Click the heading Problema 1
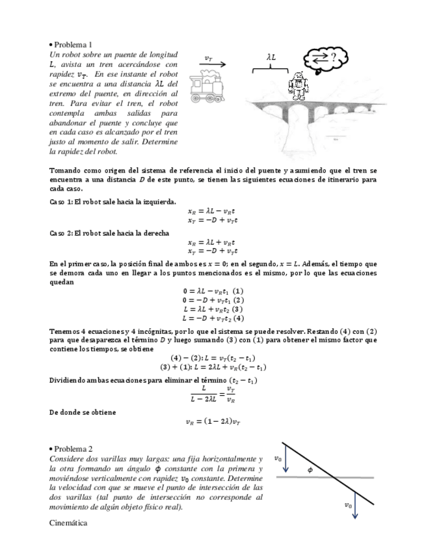[x=73, y=45]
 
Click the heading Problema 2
[x=73, y=449]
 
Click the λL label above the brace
[x=271, y=57]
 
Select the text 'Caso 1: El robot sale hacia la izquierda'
[x=113, y=202]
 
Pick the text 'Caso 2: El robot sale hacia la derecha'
[x=109, y=232]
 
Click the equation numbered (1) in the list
[x=213, y=291]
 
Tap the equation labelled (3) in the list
[x=213, y=309]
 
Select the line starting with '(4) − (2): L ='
[x=213, y=358]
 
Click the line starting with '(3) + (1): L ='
[x=213, y=367]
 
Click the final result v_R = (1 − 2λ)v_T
[x=213, y=422]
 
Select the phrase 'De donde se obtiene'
[x=83, y=412]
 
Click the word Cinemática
[x=68, y=522]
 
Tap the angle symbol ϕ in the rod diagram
[x=310, y=469]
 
